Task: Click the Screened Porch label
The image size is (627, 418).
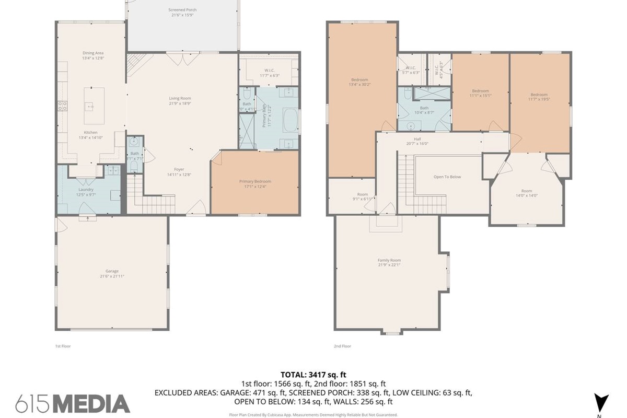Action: coord(182,10)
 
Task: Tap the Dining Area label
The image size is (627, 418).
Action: coord(92,53)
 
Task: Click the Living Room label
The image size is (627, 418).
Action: coord(180,98)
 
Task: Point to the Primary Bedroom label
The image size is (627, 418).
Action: coord(255,181)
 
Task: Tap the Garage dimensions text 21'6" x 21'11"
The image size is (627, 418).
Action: coord(112,276)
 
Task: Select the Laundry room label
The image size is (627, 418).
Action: coord(86,189)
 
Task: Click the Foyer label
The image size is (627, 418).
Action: coord(179,169)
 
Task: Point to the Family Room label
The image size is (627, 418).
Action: coord(389,260)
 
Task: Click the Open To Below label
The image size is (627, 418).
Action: coord(447,177)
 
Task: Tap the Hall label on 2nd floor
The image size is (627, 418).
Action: coord(417,139)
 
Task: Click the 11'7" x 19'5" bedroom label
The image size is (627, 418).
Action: coord(539,95)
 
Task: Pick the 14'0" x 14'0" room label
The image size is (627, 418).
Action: coord(526,191)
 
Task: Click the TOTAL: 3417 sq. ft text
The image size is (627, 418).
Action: coord(313,375)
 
